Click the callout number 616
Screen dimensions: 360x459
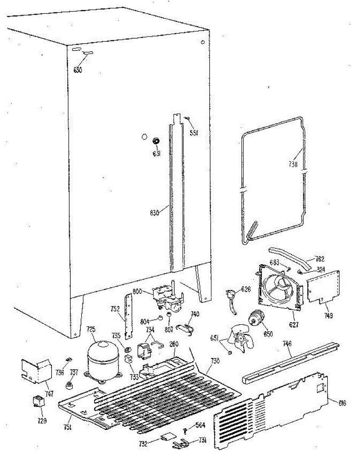(x=342, y=402)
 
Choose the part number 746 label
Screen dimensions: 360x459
(x=287, y=344)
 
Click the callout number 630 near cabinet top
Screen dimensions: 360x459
(x=78, y=70)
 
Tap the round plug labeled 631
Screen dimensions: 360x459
(x=156, y=141)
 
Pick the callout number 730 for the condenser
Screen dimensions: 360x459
(x=215, y=361)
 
